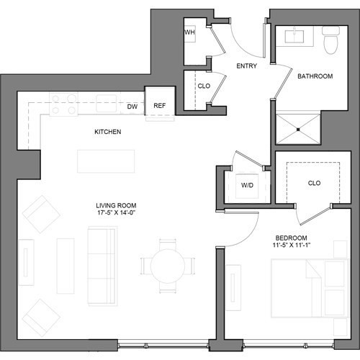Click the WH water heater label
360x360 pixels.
click(x=190, y=33)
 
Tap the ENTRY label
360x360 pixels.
click(x=247, y=66)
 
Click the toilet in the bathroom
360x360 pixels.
click(x=330, y=42)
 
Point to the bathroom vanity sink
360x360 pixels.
click(x=297, y=35)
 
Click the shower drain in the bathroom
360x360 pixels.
click(x=297, y=130)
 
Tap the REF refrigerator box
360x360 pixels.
click(x=160, y=107)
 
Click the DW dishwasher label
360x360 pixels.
click(x=132, y=107)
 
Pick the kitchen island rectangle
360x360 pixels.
click(x=106, y=161)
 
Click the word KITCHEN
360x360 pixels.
click(x=107, y=132)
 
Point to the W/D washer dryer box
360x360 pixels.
click(x=247, y=186)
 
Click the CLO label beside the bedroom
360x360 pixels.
click(x=314, y=183)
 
